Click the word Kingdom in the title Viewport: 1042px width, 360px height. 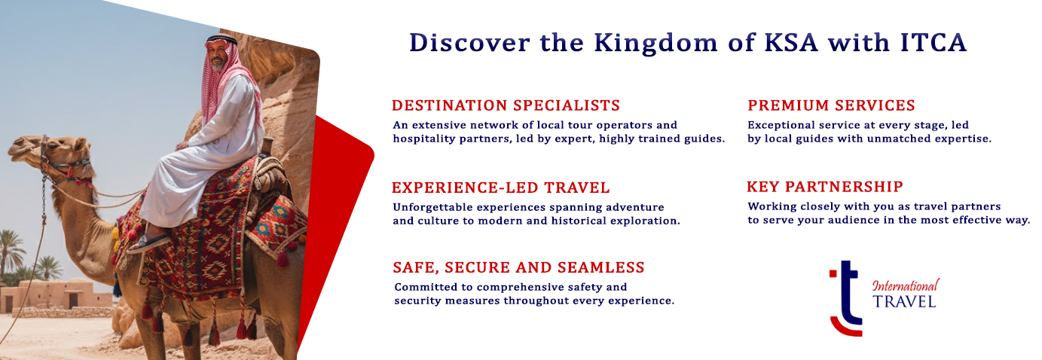[x=656, y=44]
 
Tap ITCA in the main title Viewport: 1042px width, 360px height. [x=934, y=42]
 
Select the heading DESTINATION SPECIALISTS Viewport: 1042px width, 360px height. [x=506, y=105]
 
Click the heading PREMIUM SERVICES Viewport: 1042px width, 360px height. [x=831, y=105]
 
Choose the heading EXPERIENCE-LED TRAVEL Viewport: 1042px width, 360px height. [x=500, y=188]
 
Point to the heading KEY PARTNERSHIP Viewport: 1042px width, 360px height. [x=825, y=187]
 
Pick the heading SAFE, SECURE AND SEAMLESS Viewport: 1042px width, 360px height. [x=518, y=267]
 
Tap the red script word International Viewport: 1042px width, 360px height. [x=906, y=285]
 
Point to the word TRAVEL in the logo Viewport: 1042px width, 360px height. [x=904, y=302]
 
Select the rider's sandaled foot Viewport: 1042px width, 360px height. [x=150, y=243]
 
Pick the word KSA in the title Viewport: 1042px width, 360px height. [x=791, y=43]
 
